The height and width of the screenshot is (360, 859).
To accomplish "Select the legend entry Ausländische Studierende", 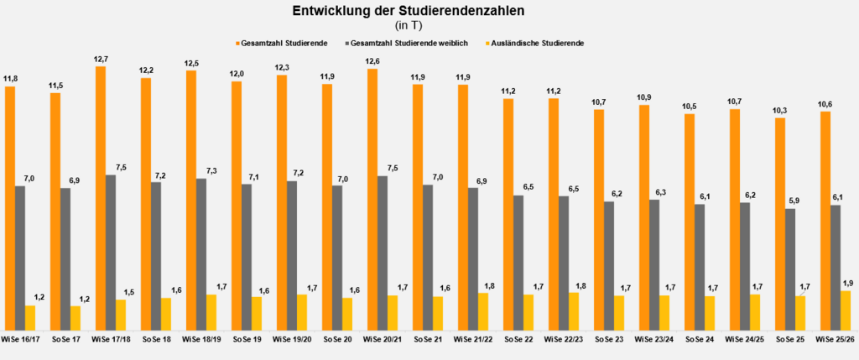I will pos(538,43).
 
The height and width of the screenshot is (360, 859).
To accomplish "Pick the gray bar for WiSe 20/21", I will pos(383,253).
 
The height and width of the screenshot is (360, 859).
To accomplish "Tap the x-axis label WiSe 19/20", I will pos(292,339).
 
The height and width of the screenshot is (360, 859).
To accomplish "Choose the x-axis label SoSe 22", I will pos(518,339).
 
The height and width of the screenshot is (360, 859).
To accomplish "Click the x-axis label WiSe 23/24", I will pos(654,339).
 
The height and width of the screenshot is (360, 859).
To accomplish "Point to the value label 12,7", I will pos(101,58).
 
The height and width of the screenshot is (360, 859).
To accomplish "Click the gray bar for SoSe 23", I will pos(609,265).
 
